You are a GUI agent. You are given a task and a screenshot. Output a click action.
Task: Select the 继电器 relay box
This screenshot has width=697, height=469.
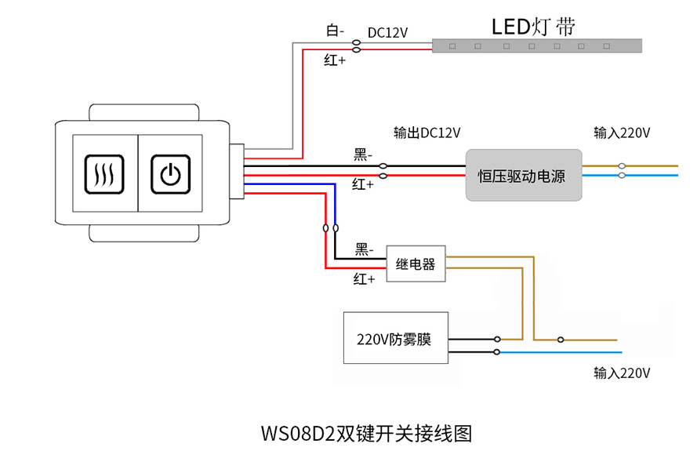(416, 264)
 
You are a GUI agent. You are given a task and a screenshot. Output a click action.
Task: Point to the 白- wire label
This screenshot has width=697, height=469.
(335, 31)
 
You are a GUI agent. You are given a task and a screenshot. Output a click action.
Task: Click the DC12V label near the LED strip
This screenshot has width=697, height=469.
(388, 32)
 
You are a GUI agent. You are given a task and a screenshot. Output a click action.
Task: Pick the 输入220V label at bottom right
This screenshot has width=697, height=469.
(622, 373)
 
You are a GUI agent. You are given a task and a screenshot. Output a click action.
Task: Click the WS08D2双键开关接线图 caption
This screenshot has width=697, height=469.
(366, 433)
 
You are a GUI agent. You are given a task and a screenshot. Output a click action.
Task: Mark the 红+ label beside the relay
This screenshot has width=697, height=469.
(363, 278)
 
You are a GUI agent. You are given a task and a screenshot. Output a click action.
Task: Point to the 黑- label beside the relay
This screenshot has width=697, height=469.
(363, 249)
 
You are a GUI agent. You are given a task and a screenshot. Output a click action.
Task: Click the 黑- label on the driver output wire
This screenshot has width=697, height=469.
(362, 155)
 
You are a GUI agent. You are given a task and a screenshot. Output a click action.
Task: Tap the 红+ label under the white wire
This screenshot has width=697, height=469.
(335, 60)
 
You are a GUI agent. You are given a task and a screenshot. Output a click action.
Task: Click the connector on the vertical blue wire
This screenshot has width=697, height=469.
(336, 228)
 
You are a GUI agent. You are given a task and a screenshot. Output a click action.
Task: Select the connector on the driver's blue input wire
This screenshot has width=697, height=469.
(622, 176)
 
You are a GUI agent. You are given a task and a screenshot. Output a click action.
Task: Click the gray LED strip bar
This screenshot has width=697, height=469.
(537, 46)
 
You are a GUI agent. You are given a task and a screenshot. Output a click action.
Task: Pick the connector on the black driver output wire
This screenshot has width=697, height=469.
(383, 165)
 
